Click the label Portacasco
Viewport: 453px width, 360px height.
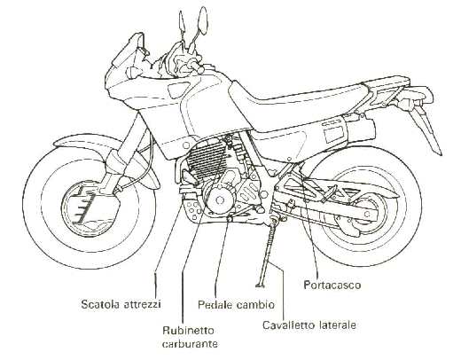click(332, 285)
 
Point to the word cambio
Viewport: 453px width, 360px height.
click(255, 305)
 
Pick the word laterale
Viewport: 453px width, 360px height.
click(338, 325)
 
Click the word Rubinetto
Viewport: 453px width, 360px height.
click(188, 330)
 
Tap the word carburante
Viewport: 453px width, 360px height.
click(190, 344)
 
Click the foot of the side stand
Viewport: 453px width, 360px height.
click(260, 286)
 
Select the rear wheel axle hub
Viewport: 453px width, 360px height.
click(367, 214)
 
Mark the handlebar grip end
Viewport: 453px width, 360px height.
click(200, 70)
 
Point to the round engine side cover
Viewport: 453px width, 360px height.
click(219, 200)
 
